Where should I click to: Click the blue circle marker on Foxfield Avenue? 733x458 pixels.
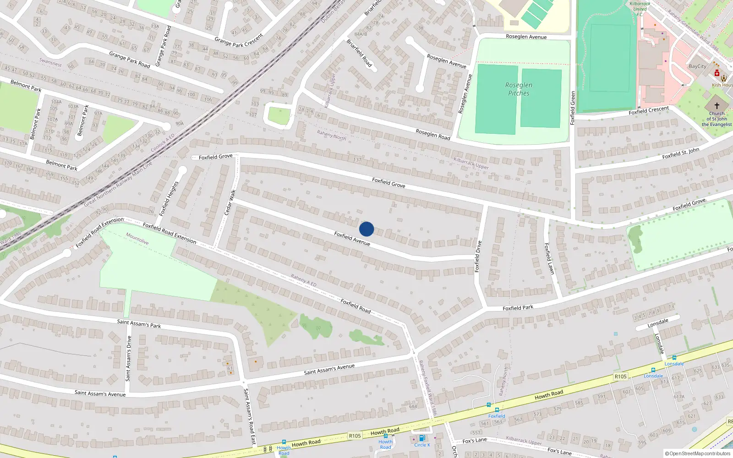pos(366,229)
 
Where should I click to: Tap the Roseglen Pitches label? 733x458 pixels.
pos(519,89)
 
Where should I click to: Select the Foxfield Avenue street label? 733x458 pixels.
pos(352,239)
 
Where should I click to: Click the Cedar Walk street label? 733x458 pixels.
pos(230,202)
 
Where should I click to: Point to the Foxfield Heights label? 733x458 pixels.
pos(169,199)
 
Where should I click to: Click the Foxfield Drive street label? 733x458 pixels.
pos(478,256)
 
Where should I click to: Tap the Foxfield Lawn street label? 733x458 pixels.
pos(549,259)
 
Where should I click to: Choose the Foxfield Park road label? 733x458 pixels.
pos(518,308)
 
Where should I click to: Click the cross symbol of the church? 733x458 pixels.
pos(717,105)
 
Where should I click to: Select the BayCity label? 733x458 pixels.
pos(697,66)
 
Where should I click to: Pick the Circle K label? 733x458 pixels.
pos(422,445)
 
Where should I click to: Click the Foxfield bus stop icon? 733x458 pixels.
pos(497,410)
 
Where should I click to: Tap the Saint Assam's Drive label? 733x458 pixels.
pos(129,359)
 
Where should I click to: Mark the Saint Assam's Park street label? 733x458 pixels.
pos(139,324)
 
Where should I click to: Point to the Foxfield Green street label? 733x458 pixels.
pos(572,108)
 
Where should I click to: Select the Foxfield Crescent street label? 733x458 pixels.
pos(649,111)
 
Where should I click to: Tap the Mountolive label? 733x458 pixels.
pos(137,239)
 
